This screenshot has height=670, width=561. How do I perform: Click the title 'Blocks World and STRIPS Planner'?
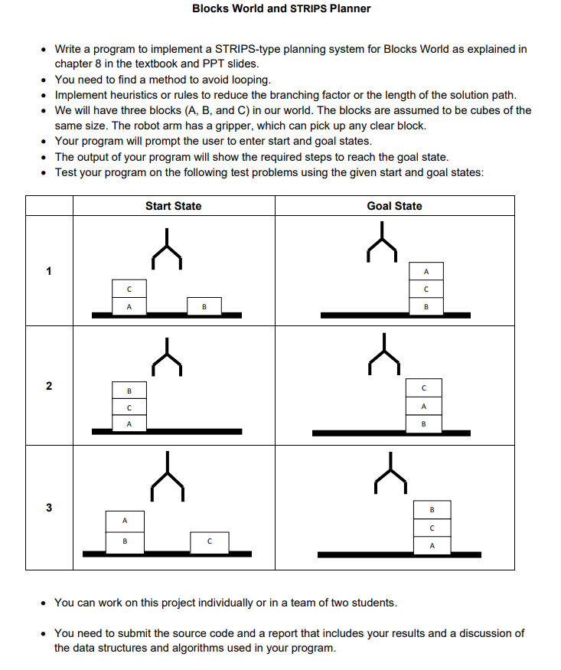click(281, 8)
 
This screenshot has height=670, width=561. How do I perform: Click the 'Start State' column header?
click(174, 206)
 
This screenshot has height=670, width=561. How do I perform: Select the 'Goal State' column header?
click(394, 206)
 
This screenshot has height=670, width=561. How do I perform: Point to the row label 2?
click(49, 386)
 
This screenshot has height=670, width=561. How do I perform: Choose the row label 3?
click(49, 508)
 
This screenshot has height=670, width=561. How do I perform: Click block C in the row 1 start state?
click(129, 289)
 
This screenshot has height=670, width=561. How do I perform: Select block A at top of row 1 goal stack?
click(426, 271)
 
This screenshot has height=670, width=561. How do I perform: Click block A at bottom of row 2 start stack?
click(129, 423)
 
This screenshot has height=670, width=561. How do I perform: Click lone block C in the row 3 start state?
click(209, 542)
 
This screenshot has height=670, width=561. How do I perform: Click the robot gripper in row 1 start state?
click(167, 253)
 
